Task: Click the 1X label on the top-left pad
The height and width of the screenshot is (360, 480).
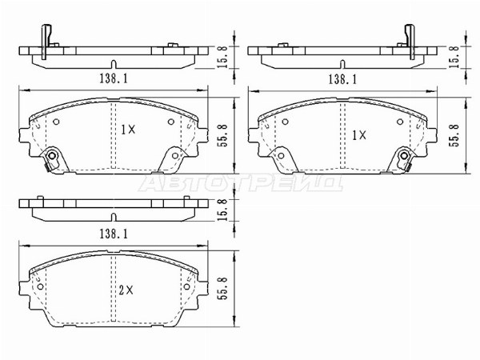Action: click(x=128, y=130)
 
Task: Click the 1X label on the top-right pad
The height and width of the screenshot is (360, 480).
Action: click(x=358, y=135)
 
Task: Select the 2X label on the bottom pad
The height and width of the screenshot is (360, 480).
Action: click(x=126, y=290)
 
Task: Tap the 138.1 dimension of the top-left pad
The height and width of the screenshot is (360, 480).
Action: click(x=114, y=78)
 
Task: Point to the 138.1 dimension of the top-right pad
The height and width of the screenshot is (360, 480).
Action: click(x=342, y=79)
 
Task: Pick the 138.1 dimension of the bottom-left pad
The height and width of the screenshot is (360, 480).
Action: click(x=114, y=234)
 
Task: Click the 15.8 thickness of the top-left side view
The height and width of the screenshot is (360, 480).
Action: click(x=223, y=57)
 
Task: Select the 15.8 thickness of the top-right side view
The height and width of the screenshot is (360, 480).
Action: click(x=454, y=57)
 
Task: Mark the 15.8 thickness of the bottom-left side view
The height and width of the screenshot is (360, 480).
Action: click(x=223, y=210)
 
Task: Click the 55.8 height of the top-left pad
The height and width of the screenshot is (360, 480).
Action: click(x=223, y=136)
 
